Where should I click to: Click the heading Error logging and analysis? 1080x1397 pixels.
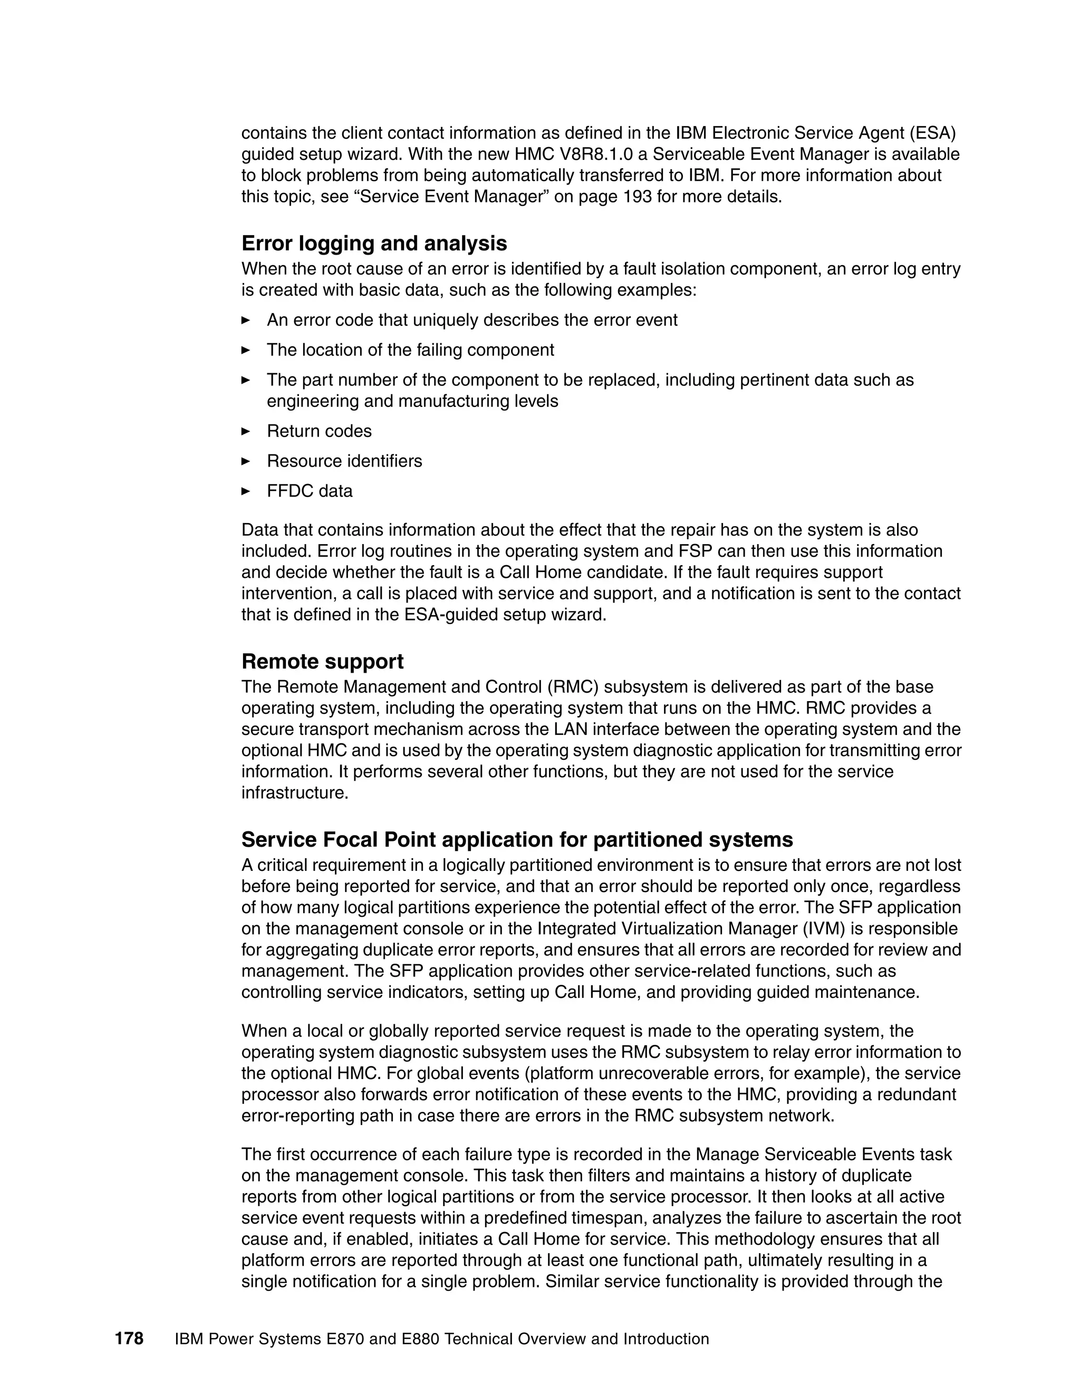(x=374, y=244)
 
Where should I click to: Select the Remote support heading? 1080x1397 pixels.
(x=322, y=662)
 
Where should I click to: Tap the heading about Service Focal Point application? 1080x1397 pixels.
(x=516, y=839)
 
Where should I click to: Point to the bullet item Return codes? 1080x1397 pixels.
(x=319, y=431)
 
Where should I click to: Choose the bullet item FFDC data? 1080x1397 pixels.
(x=309, y=491)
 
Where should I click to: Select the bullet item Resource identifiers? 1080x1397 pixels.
(x=344, y=461)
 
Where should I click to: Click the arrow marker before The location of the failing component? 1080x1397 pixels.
(x=246, y=350)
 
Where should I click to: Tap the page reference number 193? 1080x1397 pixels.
(x=637, y=197)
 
